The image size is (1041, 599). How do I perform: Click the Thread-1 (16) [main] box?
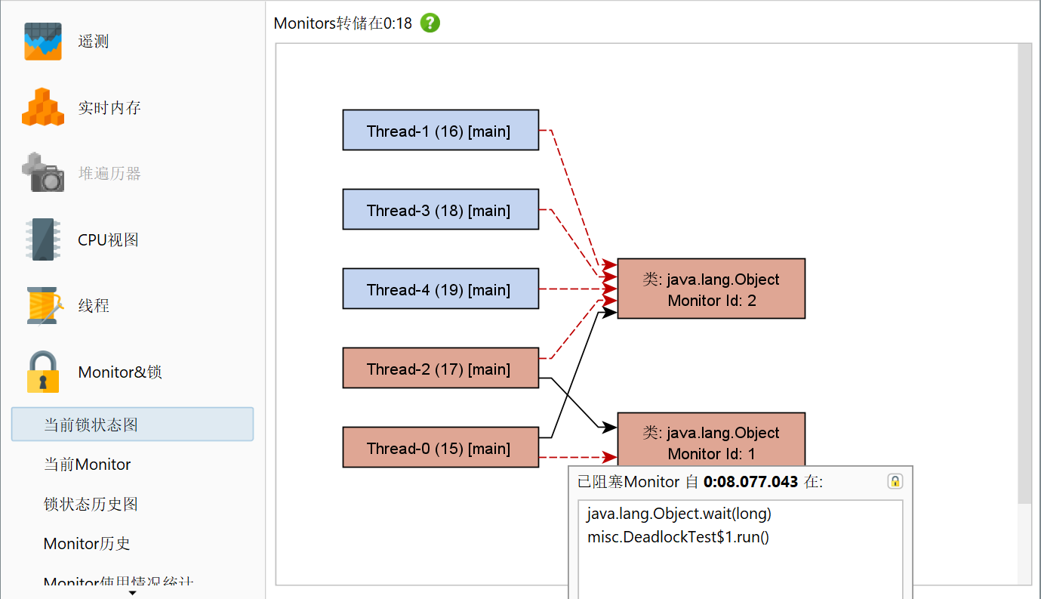[x=441, y=130]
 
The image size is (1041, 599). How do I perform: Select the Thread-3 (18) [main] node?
[x=441, y=209]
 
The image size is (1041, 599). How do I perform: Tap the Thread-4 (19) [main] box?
[x=441, y=289]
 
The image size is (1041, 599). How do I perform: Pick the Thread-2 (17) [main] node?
[x=441, y=368]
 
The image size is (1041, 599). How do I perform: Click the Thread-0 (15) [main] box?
[x=441, y=447]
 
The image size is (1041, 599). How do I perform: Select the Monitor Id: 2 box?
[x=711, y=289]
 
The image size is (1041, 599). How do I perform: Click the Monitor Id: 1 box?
[x=711, y=440]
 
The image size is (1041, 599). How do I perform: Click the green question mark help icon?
[x=430, y=23]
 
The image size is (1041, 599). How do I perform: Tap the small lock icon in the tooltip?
[x=895, y=481]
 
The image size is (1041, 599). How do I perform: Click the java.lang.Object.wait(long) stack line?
[x=679, y=514]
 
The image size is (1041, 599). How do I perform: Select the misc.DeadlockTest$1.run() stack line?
[x=678, y=537]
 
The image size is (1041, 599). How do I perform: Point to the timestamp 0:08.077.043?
[x=750, y=482]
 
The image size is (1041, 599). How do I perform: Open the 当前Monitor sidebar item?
[x=87, y=464]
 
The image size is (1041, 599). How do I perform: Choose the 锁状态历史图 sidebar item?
[x=91, y=504]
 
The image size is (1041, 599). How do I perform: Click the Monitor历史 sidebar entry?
[x=87, y=543]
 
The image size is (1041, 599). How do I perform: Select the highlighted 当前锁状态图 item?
[x=132, y=425]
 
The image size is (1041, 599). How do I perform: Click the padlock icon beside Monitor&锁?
[x=43, y=372]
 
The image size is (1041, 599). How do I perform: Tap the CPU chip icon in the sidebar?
[x=43, y=239]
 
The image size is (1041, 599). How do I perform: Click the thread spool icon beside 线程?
[x=44, y=306]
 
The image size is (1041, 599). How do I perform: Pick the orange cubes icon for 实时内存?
[x=43, y=107]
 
